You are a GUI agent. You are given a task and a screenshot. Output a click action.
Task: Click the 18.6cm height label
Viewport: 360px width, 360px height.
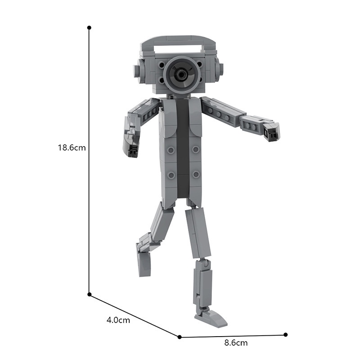[x=72, y=148]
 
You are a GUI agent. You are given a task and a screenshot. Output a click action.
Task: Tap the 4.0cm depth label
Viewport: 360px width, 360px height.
[x=118, y=320]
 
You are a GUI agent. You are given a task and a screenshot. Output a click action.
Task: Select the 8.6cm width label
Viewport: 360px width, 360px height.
[x=236, y=343]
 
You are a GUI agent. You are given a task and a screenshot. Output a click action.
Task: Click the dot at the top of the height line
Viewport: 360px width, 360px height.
[x=89, y=28]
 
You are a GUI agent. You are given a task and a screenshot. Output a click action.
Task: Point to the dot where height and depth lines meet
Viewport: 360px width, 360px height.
[x=90, y=294]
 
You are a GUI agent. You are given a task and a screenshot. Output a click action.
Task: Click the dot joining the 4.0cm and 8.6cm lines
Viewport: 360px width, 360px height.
[x=180, y=337]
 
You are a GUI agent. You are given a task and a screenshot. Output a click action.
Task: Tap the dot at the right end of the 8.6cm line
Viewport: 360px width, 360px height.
[x=286, y=334]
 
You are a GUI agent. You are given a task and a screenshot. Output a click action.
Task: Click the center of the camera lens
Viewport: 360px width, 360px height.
[x=181, y=74]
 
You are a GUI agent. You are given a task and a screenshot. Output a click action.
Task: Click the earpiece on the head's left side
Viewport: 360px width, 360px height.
[x=139, y=68]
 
